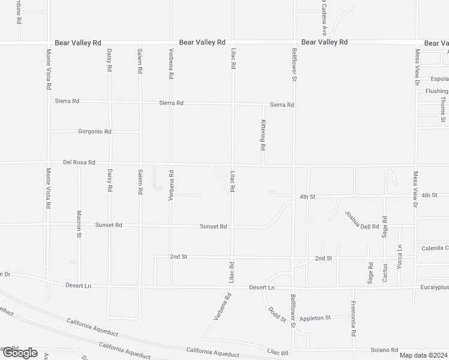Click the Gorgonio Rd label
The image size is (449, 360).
95,131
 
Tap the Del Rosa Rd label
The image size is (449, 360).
79,163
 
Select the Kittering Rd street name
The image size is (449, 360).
263,134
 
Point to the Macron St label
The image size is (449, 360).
79,223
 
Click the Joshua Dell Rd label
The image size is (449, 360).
362,220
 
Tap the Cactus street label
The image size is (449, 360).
387,273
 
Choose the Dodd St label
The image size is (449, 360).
277,314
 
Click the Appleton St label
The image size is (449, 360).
315,318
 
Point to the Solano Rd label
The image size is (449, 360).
387,350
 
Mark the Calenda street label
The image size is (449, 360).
435,248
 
